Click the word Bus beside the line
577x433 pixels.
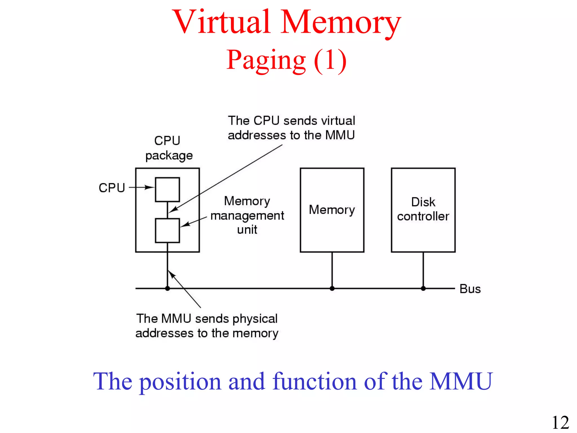470,289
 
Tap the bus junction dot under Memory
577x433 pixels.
332,288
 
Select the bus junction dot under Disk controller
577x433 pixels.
423,288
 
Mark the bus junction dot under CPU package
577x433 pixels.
167,288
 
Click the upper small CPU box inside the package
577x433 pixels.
167,189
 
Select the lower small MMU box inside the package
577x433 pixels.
167,230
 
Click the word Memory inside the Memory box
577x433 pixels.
332,210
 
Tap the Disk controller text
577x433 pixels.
423,209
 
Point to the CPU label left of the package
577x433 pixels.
112,188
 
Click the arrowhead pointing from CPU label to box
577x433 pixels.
149,187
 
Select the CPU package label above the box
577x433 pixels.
168,148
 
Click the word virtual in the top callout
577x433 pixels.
338,121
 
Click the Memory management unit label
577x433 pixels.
247,215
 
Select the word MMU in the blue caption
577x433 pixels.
461,381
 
